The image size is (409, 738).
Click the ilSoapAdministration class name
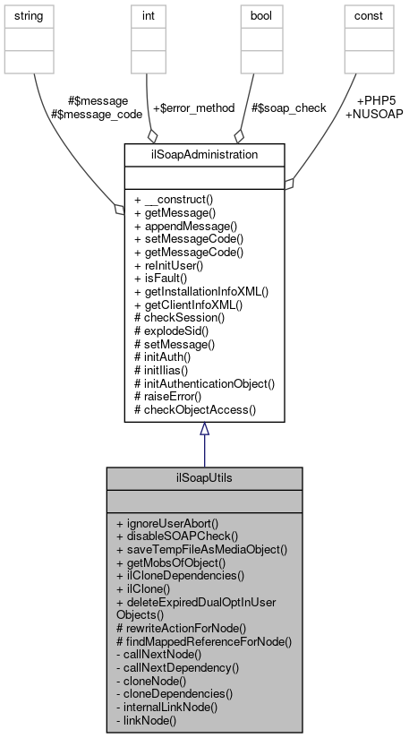coord(204,153)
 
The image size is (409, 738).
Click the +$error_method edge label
coord(193,107)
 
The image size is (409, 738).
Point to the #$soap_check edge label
coord(288,107)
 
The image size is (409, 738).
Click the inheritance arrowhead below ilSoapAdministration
coord(204,429)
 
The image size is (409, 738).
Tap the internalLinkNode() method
coord(166,707)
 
